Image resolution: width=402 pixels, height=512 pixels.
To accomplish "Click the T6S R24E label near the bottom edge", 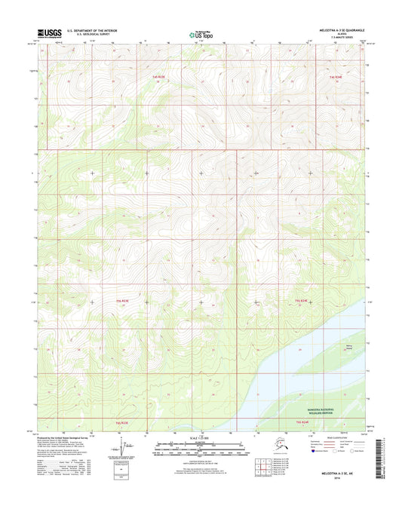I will pos(302,422).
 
